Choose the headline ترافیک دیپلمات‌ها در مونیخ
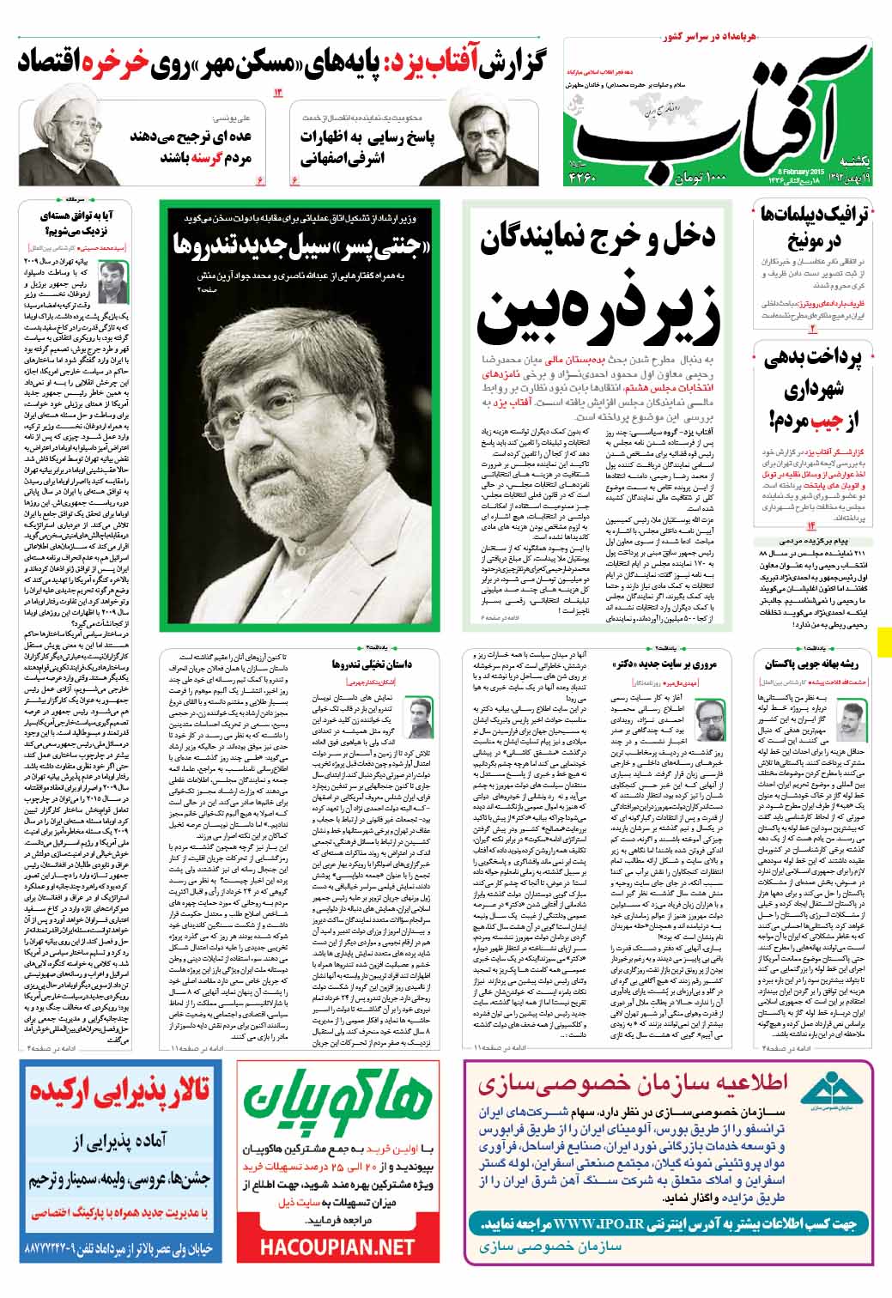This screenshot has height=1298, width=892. [x=811, y=227]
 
